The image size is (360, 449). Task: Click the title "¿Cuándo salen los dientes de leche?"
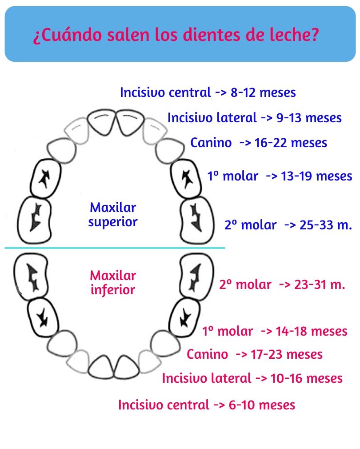[x=176, y=35]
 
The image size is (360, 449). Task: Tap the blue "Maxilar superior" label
[x=113, y=214]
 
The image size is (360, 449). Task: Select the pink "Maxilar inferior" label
[x=113, y=283]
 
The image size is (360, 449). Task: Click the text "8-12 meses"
[x=263, y=92]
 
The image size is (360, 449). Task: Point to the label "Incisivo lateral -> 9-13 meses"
[x=254, y=118]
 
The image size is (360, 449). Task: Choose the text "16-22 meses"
[x=291, y=143]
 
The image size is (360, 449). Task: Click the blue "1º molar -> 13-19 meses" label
[x=280, y=176]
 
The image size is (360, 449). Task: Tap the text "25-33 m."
[x=326, y=225]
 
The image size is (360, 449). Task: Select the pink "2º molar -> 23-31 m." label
[x=282, y=285]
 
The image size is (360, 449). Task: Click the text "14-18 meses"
[x=312, y=331]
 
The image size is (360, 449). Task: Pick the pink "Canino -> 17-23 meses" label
[x=254, y=354]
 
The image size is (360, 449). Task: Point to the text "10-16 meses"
[x=307, y=378]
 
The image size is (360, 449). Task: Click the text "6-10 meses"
[x=262, y=405]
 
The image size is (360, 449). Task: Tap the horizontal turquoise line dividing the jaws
[x=115, y=248]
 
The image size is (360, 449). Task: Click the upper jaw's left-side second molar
[x=34, y=220]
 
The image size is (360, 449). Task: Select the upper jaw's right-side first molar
[x=186, y=179]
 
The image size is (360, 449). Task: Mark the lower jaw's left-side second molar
[x=31, y=277]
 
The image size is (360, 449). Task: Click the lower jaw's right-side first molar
[x=184, y=317]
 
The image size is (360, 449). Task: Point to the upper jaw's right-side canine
[x=170, y=151]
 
